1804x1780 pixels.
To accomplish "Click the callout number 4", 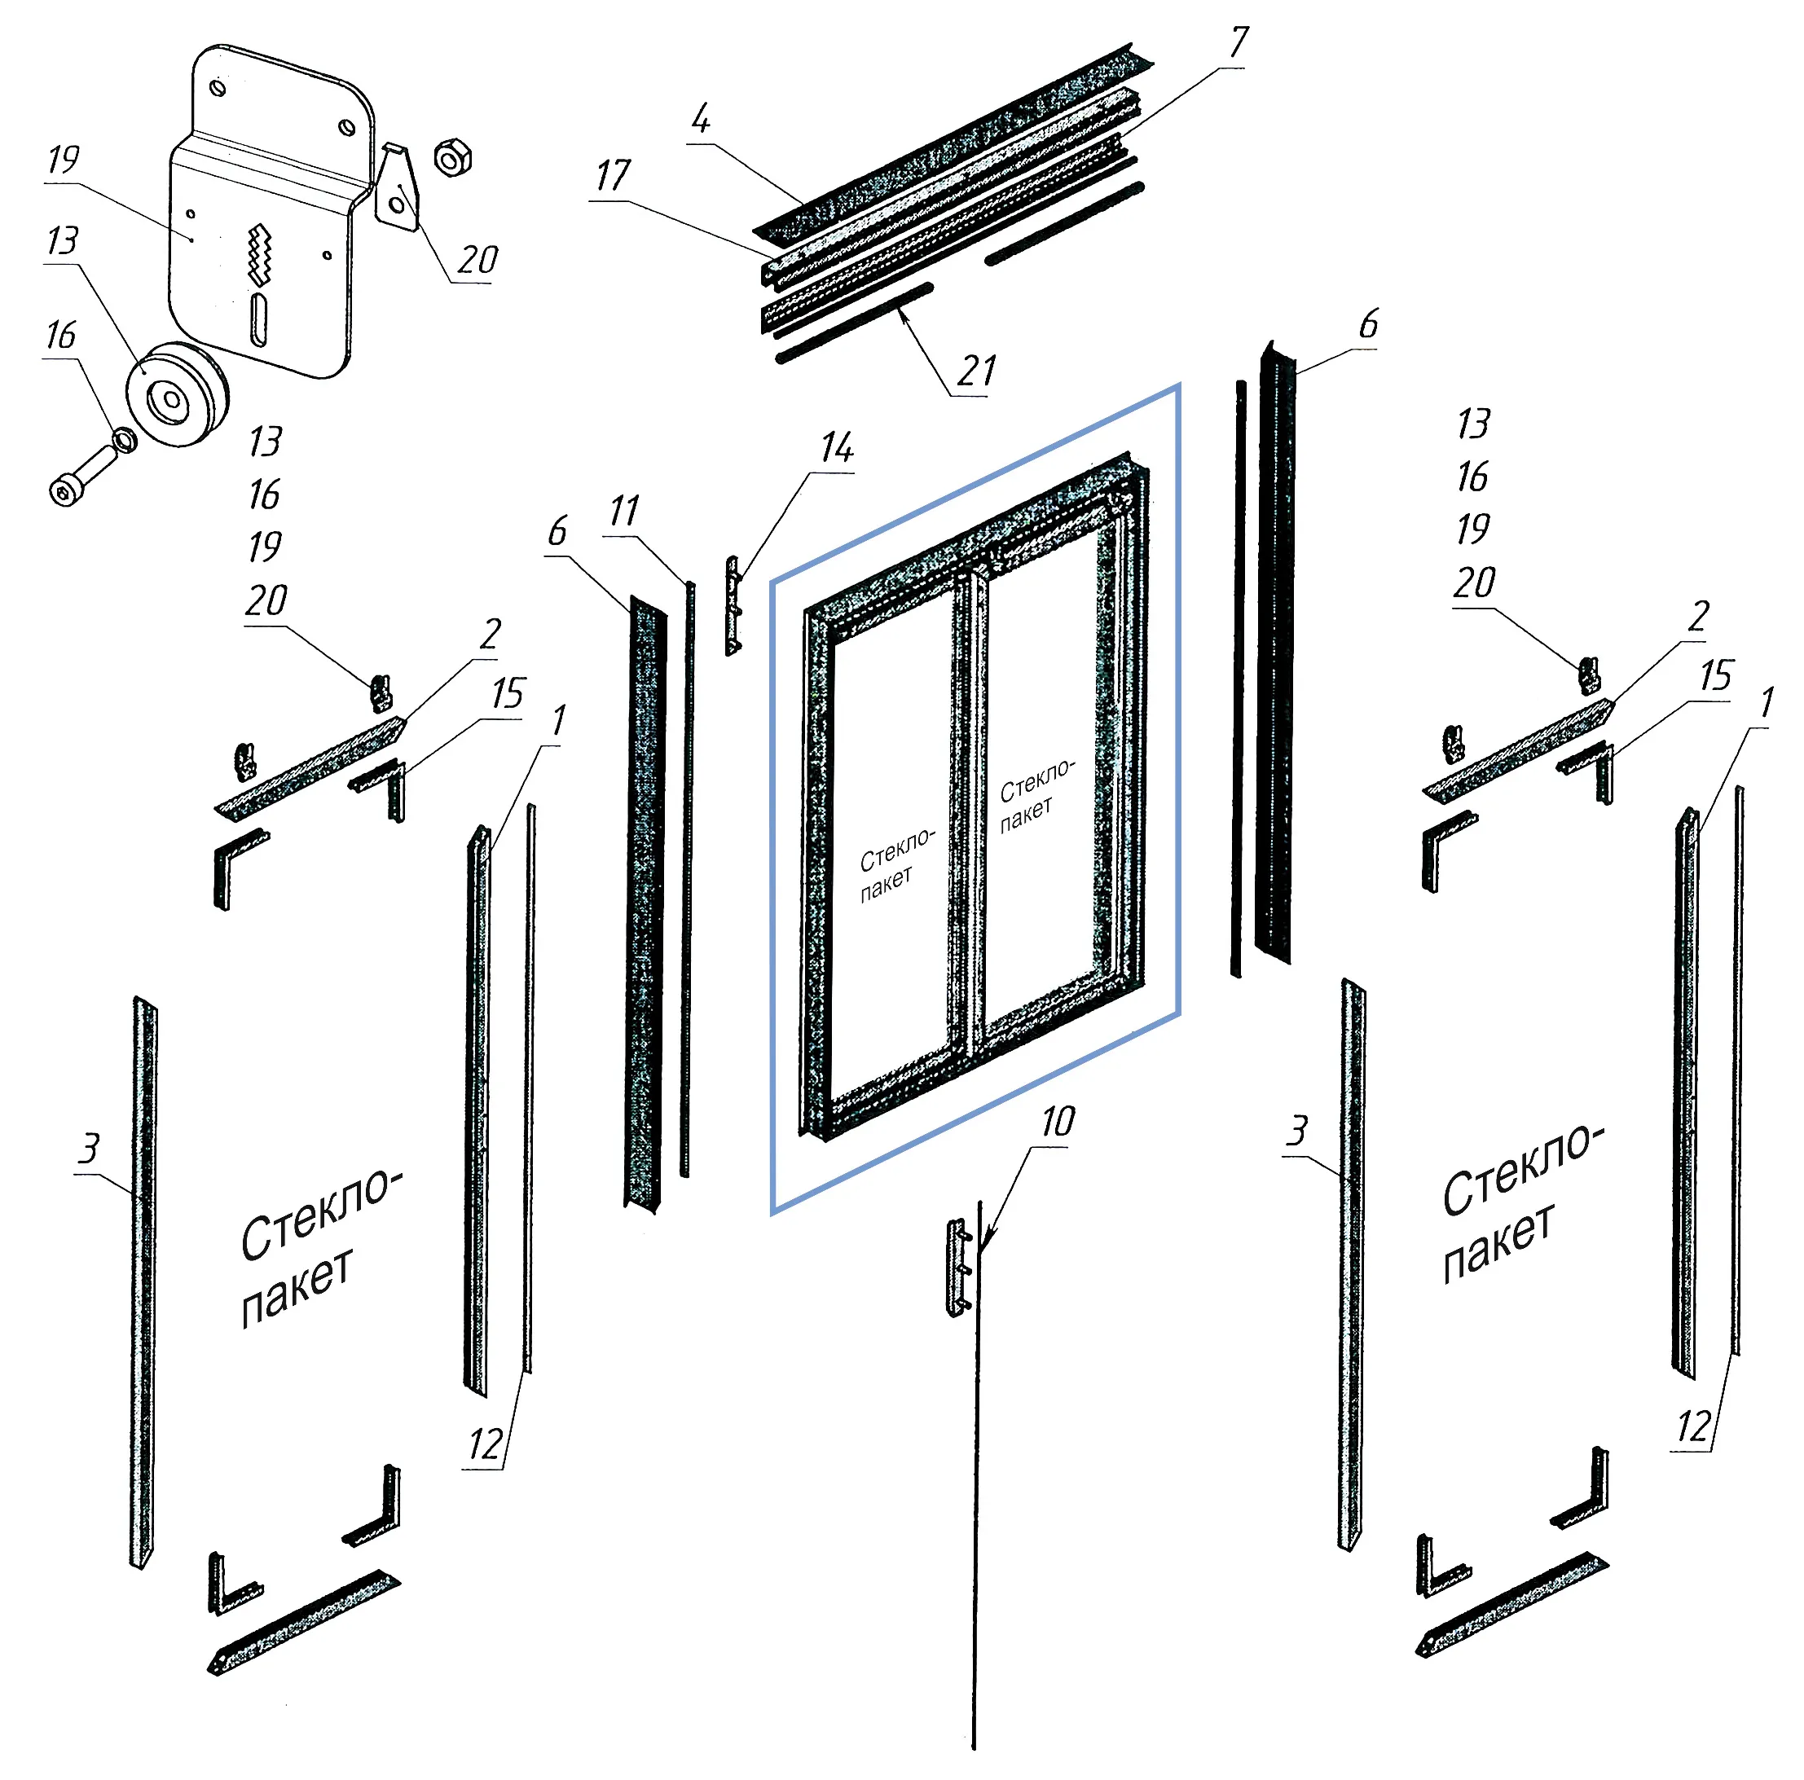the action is click(700, 119).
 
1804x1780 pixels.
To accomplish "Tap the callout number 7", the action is click(1239, 42).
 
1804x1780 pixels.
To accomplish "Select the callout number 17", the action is click(613, 175).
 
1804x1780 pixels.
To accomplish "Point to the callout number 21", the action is click(977, 371).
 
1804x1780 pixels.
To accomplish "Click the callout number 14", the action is click(837, 448).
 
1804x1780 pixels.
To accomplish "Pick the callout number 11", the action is click(624, 512).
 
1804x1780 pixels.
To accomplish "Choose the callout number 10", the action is click(1057, 1121).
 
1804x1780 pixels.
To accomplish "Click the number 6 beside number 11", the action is click(557, 531).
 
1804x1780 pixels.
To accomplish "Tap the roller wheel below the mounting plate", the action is click(178, 395).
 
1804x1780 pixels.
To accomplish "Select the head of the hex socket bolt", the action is click(64, 490).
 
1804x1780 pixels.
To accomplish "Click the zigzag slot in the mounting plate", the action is click(257, 256).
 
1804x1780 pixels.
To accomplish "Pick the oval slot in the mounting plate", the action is click(258, 320).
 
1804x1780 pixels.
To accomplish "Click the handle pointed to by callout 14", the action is click(734, 606).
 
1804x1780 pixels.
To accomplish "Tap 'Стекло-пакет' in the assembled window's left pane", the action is click(896, 864).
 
